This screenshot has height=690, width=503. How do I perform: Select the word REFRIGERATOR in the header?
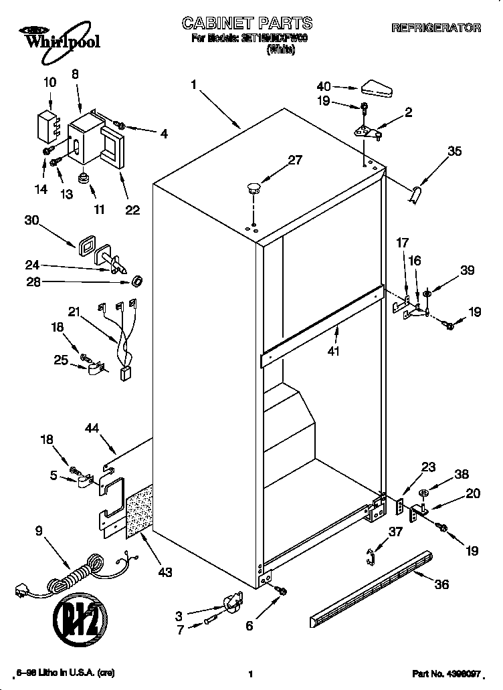(x=435, y=28)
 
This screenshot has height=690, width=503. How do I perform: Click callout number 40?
(x=324, y=86)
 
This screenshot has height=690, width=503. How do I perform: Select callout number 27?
(x=294, y=160)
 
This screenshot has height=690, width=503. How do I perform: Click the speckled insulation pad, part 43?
(x=138, y=513)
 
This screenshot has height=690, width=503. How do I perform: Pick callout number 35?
(x=454, y=151)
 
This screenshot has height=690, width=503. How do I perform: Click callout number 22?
(x=132, y=210)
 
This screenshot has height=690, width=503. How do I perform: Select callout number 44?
(x=93, y=428)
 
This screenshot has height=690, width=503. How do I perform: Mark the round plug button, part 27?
(x=254, y=187)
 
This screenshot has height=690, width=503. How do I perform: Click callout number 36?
(x=441, y=584)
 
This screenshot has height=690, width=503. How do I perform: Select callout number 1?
(x=193, y=84)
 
